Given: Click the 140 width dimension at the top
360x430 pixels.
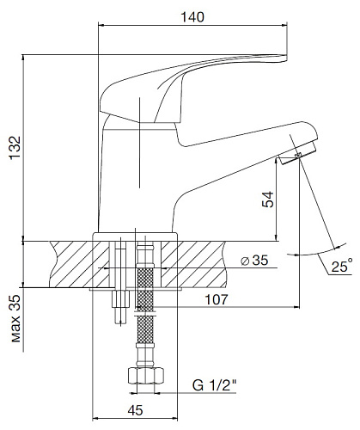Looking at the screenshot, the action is (x=192, y=17).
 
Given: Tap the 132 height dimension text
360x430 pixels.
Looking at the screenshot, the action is (x=15, y=148).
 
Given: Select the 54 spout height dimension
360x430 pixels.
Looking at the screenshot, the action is (x=268, y=200).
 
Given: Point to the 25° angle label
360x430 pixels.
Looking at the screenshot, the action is (x=342, y=266).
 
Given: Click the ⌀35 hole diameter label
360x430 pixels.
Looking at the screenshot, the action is (x=254, y=261).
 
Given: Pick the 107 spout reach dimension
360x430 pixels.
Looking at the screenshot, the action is (x=217, y=299).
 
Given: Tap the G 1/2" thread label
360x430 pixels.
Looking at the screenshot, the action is (x=215, y=385).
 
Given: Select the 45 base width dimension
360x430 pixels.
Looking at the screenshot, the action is (x=135, y=410).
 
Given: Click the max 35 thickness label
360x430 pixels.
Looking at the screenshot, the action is (x=16, y=318).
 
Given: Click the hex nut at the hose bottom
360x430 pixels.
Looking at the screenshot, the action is (x=145, y=376).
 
